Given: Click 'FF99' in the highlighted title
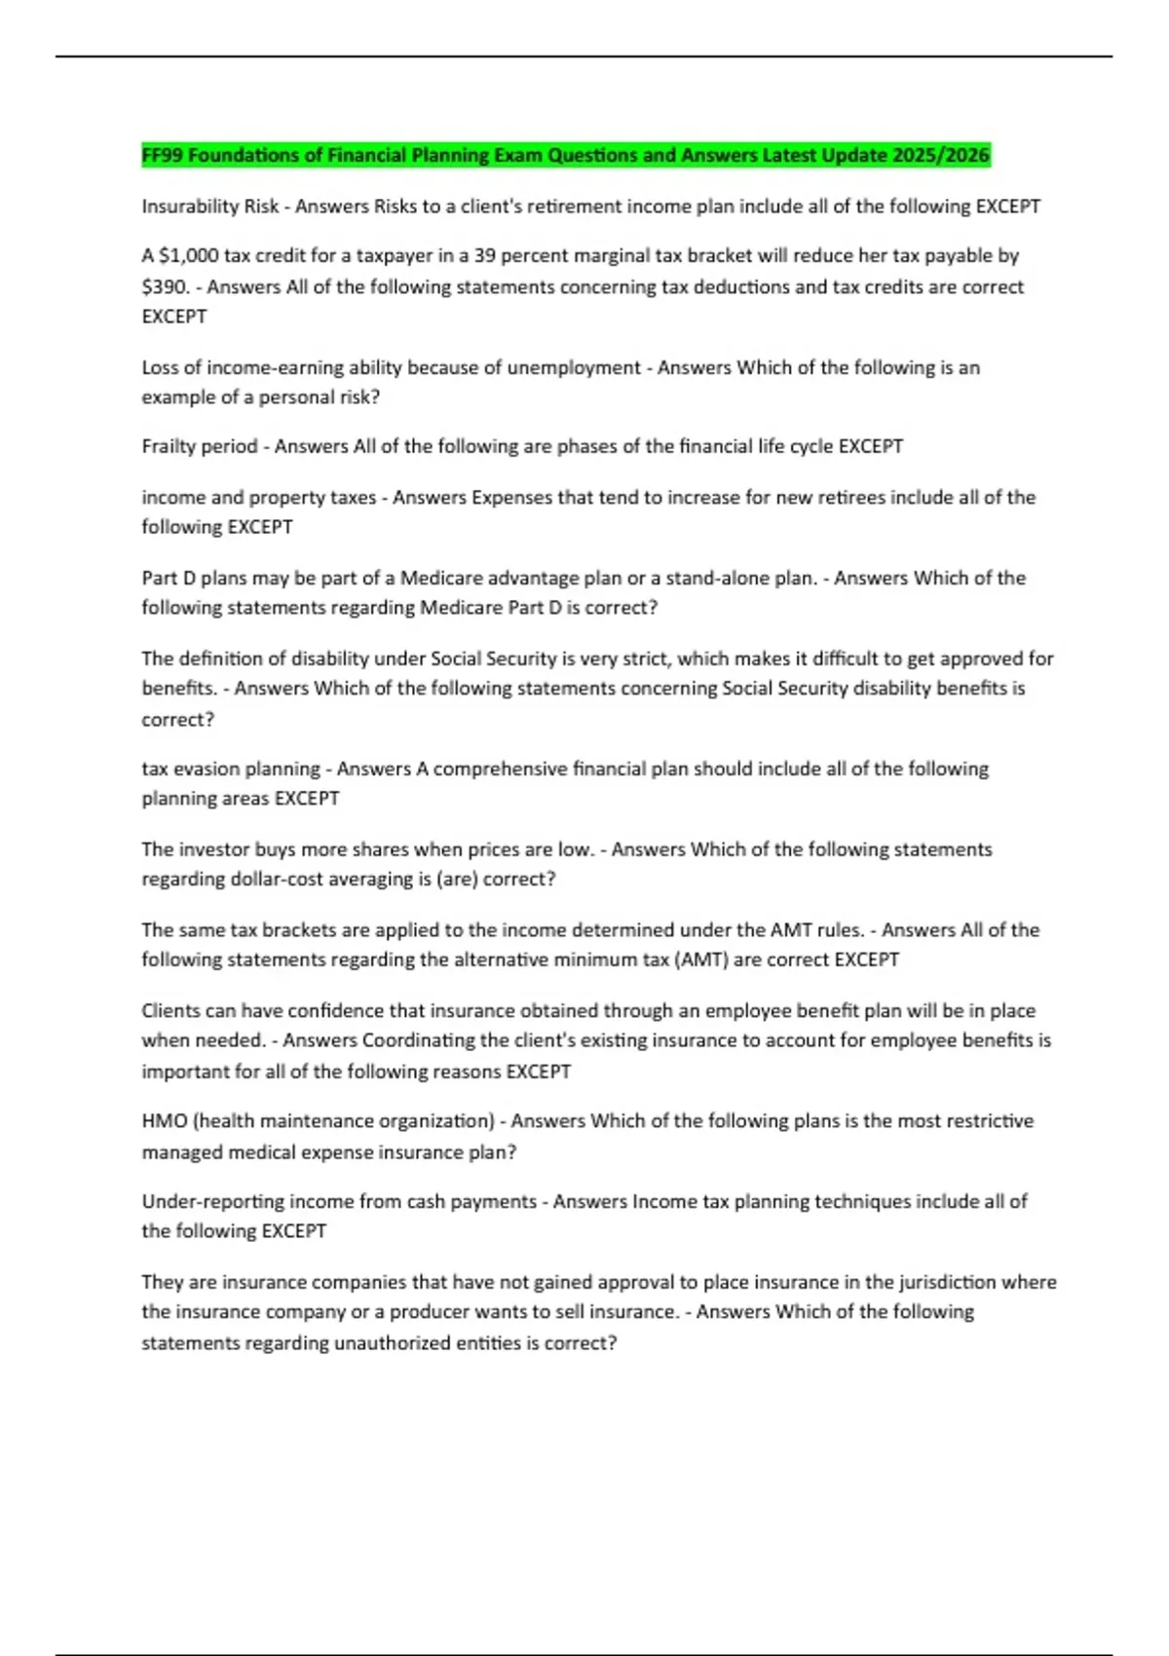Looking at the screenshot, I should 162,156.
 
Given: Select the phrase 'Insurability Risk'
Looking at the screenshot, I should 209,207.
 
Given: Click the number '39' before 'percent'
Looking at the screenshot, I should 485,256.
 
